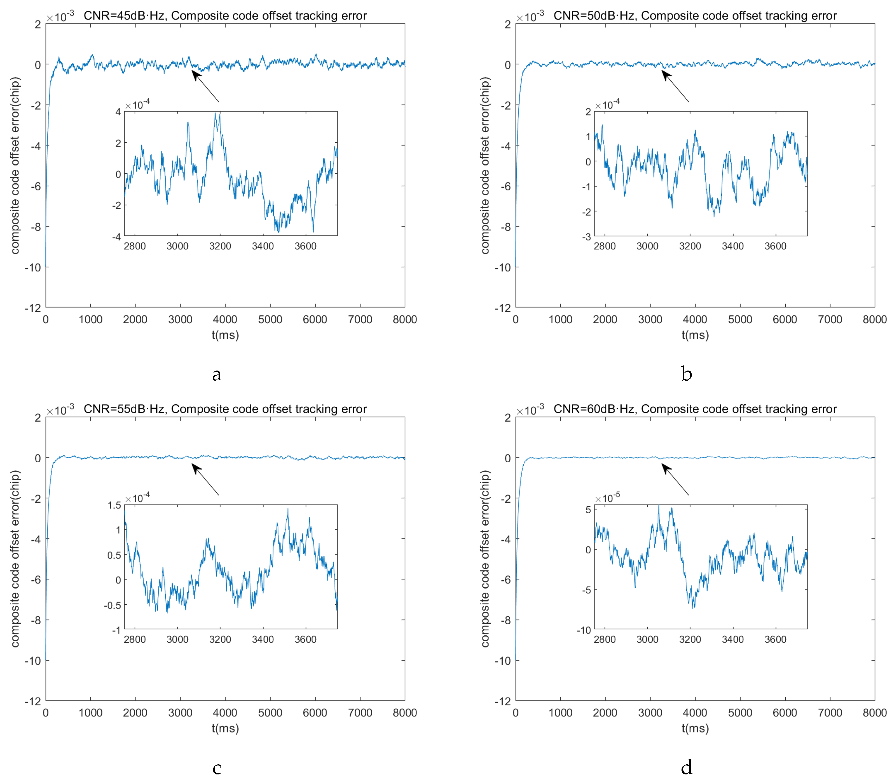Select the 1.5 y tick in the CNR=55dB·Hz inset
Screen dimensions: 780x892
point(114,505)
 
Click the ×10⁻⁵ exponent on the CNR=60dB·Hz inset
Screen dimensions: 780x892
point(608,498)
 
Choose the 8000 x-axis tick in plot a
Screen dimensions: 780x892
point(405,319)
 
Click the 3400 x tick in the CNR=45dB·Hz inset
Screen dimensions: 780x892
point(263,246)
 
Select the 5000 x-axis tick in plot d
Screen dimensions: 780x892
point(740,713)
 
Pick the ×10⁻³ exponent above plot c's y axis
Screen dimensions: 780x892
point(60,410)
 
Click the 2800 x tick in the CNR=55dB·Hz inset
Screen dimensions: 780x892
point(135,639)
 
